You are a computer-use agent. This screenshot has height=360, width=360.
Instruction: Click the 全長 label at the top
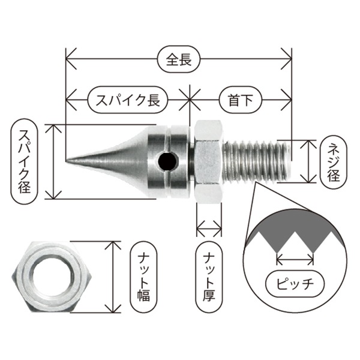click(179, 59)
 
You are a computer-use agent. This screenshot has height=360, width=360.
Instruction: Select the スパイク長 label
click(128, 100)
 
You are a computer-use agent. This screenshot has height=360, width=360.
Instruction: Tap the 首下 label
click(241, 100)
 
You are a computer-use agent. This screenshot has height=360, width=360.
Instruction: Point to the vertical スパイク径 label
click(24, 161)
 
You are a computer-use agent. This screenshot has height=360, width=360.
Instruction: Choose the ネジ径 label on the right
click(334, 162)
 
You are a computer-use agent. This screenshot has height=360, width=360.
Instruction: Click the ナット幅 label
click(143, 277)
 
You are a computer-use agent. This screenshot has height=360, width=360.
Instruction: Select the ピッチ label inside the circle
click(295, 284)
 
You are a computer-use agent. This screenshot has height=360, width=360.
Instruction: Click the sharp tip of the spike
click(66, 160)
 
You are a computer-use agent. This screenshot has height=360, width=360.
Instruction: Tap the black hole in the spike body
click(167, 161)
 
